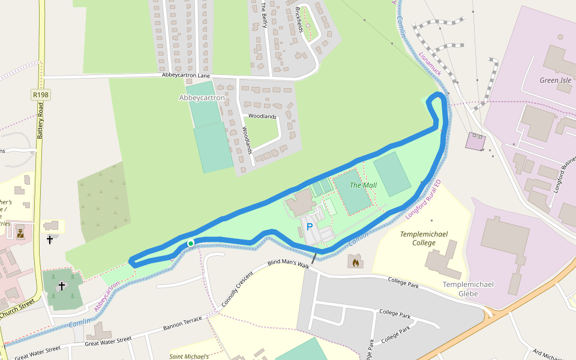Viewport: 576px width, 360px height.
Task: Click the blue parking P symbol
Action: pyautogui.click(x=310, y=227)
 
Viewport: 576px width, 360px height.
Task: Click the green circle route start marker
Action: pyautogui.click(x=190, y=243)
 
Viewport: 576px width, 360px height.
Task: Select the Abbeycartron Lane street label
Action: pyautogui.click(x=186, y=76)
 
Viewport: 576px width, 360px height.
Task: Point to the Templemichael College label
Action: pyautogui.click(x=427, y=238)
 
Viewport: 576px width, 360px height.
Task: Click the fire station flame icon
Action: pyautogui.click(x=355, y=262)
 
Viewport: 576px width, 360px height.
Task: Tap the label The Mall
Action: pyautogui.click(x=363, y=185)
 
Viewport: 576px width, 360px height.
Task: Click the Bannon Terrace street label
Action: pyautogui.click(x=182, y=325)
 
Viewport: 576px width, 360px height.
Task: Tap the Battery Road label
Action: pyautogui.click(x=41, y=121)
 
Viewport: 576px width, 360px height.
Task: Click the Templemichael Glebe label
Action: pyautogui.click(x=468, y=289)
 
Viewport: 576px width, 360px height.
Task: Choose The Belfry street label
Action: pyautogui.click(x=263, y=15)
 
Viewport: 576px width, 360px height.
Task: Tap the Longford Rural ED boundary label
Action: pyautogui.click(x=424, y=199)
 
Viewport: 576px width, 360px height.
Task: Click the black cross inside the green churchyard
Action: pyautogui.click(x=61, y=287)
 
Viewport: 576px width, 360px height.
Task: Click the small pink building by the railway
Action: pyautogui.click(x=475, y=142)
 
